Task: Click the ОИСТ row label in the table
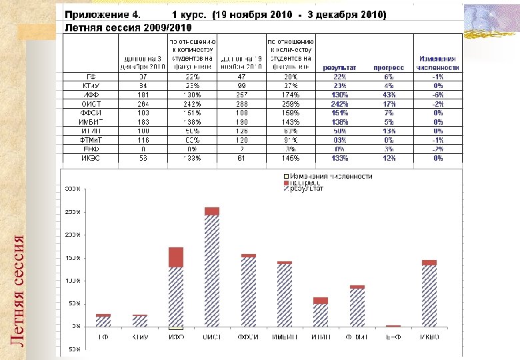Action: tap(91, 104)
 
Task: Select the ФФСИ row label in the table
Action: tap(91, 113)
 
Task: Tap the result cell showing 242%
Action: tap(339, 104)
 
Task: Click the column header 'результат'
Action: tap(339, 67)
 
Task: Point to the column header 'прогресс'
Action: tap(389, 67)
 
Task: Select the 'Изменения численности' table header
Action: tap(438, 63)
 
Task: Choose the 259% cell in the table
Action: tap(291, 104)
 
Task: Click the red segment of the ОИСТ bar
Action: tap(212, 211)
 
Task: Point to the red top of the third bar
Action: tap(176, 257)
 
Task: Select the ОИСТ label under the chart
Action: tap(212, 337)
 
